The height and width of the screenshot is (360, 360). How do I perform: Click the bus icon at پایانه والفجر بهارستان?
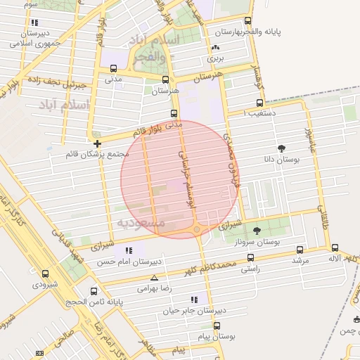[247, 21]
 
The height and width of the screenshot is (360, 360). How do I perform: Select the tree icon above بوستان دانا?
[282, 148]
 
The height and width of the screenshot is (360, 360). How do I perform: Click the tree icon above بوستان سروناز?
[256, 230]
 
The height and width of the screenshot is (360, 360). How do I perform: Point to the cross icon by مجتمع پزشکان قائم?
[97, 143]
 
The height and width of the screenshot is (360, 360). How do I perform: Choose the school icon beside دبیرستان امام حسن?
[127, 250]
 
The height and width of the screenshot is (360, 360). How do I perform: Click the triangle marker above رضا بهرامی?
[154, 278]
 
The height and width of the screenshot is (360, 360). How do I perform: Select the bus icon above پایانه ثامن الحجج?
[94, 290]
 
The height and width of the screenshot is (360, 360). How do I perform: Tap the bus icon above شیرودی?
[46, 274]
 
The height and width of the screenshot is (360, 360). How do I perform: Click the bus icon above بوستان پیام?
[217, 326]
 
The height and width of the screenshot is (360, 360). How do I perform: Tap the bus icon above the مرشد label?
[300, 249]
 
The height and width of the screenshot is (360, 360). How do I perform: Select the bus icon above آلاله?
[335, 247]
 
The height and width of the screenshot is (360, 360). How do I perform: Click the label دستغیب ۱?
[259, 112]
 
